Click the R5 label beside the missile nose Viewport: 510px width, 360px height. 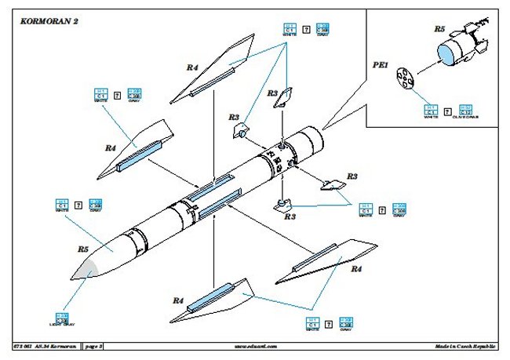click(82, 249)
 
